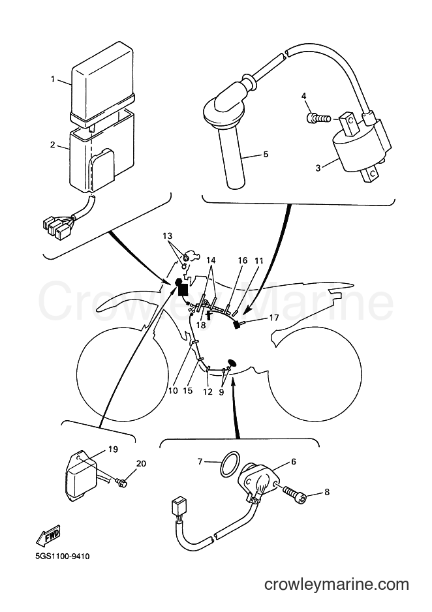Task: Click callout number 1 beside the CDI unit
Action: [53, 79]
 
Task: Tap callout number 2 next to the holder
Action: [53, 145]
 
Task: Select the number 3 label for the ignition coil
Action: [318, 168]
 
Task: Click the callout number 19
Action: [113, 450]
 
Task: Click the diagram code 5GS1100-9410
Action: [59, 555]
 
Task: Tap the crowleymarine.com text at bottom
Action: [337, 585]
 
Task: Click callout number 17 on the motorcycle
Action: [274, 318]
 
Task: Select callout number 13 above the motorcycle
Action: [168, 236]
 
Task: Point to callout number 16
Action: [243, 260]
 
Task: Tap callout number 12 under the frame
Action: [208, 391]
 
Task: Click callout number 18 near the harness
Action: [201, 325]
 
